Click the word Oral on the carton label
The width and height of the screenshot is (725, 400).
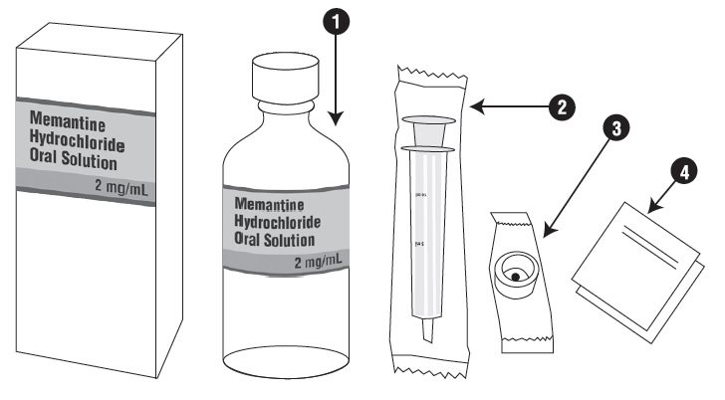[45, 160]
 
